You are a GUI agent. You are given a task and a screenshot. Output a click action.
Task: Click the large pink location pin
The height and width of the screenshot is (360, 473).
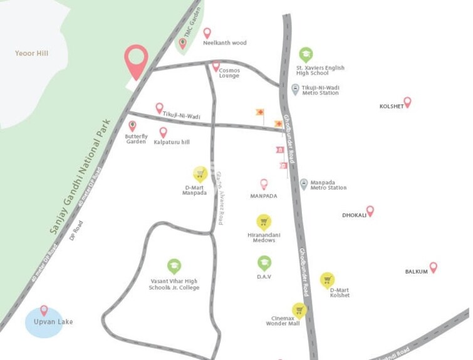(136, 61)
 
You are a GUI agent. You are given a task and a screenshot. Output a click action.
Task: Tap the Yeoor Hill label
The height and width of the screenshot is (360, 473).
(31, 54)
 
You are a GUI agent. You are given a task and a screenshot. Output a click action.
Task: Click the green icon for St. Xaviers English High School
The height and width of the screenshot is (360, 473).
(305, 54)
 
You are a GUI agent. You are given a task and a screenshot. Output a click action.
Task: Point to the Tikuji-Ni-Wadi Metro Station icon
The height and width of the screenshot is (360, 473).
(296, 90)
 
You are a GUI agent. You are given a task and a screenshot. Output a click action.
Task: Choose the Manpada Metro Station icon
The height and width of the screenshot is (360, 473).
(304, 184)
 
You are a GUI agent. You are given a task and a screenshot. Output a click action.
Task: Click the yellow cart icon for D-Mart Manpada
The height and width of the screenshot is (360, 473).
(200, 174)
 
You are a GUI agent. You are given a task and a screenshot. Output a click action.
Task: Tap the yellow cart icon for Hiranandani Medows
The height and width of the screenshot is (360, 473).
(264, 222)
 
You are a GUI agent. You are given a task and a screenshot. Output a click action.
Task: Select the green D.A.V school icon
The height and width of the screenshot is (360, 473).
(264, 263)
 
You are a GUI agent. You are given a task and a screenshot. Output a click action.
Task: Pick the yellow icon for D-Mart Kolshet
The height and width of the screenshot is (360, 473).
(327, 280)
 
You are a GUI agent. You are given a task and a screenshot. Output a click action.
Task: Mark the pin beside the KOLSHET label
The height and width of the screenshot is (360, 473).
(407, 102)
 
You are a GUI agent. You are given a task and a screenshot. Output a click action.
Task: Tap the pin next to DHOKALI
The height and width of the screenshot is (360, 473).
(370, 211)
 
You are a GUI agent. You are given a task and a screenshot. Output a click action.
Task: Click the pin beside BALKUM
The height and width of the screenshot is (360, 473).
(433, 267)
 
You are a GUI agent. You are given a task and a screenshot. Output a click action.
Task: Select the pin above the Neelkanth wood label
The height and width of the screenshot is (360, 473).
(207, 33)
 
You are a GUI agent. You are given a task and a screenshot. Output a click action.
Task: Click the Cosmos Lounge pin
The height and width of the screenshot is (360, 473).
(216, 66)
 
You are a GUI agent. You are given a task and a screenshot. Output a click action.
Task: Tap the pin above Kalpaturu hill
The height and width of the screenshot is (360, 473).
(163, 132)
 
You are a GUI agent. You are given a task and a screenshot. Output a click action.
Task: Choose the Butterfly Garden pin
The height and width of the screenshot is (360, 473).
(132, 126)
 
